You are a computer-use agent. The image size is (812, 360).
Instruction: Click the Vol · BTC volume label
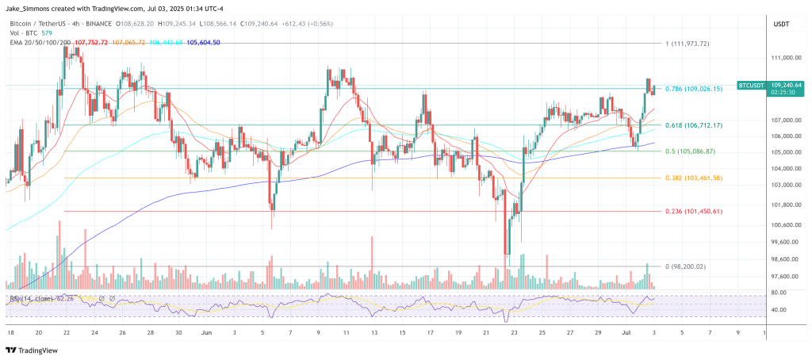24,33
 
